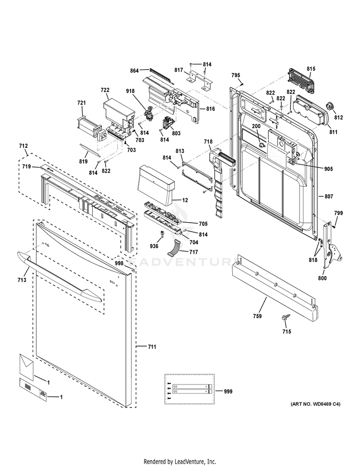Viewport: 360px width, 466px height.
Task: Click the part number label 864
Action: coord(134,71)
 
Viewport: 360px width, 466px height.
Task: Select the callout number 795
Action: coord(236,75)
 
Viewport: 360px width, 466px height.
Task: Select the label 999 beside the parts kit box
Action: coord(228,391)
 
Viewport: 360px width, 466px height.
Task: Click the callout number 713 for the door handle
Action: coord(23,279)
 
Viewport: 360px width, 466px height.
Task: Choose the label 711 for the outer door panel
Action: coord(151,346)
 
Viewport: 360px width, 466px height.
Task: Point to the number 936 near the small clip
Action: coord(154,246)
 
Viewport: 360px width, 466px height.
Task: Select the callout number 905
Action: coord(328,169)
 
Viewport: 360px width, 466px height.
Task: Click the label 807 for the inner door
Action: coord(328,196)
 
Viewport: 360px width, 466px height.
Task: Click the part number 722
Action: coord(105,90)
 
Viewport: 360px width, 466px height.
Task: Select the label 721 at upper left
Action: coord(82,103)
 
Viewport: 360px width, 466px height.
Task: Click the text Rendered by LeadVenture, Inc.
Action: coord(180,461)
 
